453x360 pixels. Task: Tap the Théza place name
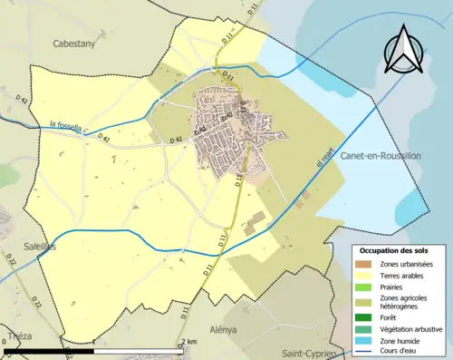18,335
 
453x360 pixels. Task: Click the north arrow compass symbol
405,52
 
